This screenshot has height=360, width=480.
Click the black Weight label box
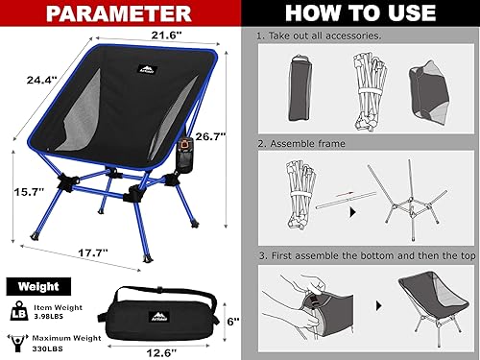tap(36, 286)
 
